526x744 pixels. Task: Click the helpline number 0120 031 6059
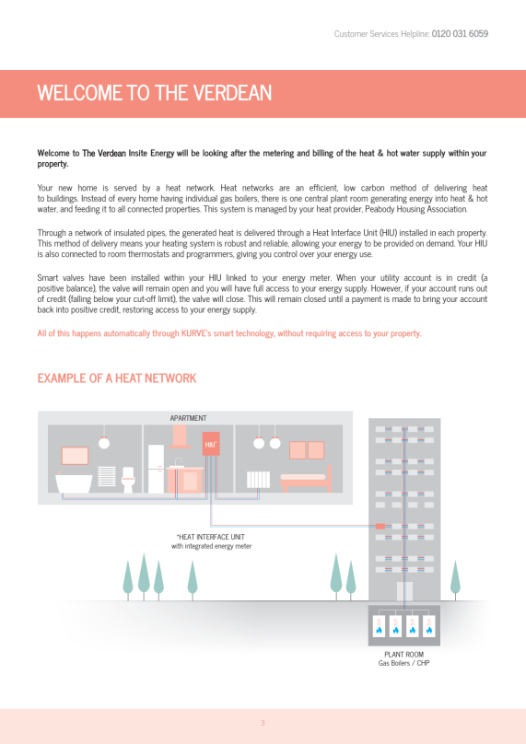click(460, 34)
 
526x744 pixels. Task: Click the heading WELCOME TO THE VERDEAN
click(154, 92)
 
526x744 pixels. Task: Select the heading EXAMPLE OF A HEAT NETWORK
click(117, 378)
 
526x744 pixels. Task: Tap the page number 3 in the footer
click(263, 723)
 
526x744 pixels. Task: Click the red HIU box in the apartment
click(211, 444)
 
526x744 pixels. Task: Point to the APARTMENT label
click(189, 418)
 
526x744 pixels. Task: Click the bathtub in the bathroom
click(74, 483)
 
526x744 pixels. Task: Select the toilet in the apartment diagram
click(128, 479)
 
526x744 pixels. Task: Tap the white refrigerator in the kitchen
click(156, 469)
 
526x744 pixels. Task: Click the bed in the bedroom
click(306, 480)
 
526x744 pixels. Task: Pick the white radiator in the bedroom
click(258, 479)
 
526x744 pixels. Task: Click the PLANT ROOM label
click(404, 655)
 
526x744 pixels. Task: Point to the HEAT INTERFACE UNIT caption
click(211, 537)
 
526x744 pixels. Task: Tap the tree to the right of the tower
click(455, 580)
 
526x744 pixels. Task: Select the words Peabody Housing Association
click(415, 209)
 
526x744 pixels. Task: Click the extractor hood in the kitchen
click(180, 436)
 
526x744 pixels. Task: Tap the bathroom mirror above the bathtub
click(75, 456)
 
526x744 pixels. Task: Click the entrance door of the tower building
click(404, 591)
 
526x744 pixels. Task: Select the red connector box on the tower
click(380, 526)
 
